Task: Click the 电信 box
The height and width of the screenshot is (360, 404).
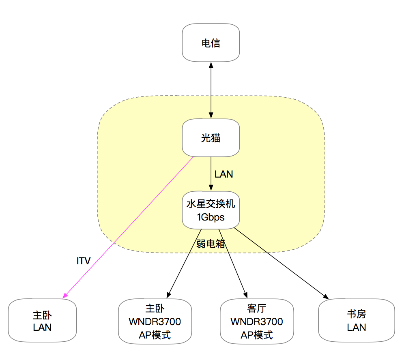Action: (x=211, y=43)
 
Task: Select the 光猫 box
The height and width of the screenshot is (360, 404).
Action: (x=211, y=137)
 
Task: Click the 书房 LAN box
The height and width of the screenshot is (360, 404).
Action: (x=357, y=321)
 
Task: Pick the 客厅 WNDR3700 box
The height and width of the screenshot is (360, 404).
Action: (x=256, y=321)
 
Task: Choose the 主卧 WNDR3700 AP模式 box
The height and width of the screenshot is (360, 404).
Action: (x=155, y=321)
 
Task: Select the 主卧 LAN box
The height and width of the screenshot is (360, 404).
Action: (x=42, y=321)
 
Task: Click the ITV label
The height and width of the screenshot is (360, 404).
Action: (x=84, y=261)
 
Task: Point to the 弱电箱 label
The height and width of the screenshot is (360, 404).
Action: (x=211, y=244)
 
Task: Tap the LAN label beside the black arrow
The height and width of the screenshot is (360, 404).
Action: (x=224, y=174)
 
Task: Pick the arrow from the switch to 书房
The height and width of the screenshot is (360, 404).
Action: (x=280, y=264)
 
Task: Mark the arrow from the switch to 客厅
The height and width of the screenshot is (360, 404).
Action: (x=232, y=263)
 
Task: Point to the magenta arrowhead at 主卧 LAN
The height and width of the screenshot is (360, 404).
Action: (x=64, y=296)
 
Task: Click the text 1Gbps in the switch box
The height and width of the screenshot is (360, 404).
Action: (x=211, y=217)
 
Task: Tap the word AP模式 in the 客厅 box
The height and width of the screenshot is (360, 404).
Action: (x=256, y=335)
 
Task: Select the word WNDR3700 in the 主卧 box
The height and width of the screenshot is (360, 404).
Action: (x=155, y=322)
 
